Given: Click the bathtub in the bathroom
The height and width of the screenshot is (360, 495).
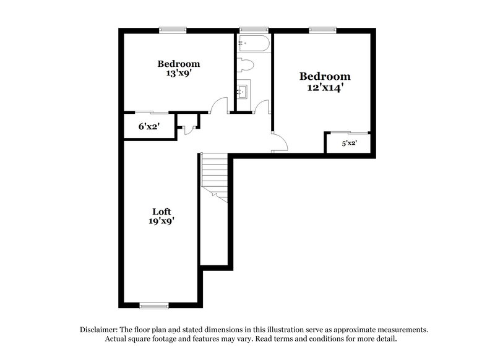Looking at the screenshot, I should click(252, 44).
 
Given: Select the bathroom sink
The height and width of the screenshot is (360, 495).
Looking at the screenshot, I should click(243, 92).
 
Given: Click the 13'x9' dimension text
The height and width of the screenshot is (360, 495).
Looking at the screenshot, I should click(178, 73).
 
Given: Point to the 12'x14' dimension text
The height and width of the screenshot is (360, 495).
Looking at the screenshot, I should click(325, 88).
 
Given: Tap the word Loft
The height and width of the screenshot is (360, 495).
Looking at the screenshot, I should click(162, 211).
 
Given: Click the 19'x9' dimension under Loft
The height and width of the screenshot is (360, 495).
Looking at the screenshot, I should click(162, 221).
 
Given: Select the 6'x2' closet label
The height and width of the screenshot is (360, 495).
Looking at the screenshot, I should click(148, 126).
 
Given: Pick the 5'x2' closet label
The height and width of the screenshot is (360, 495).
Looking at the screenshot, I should click(350, 144).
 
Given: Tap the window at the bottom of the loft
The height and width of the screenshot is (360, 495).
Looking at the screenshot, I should click(153, 305).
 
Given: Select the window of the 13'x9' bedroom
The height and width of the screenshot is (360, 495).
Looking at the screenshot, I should click(173, 29).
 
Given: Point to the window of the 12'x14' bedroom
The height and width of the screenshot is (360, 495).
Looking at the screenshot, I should click(322, 29).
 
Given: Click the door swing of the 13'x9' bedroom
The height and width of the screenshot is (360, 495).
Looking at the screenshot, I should click(218, 107).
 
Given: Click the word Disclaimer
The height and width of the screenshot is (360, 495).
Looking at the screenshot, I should click(101, 330).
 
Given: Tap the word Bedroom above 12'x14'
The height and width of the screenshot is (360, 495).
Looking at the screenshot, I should click(325, 77).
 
